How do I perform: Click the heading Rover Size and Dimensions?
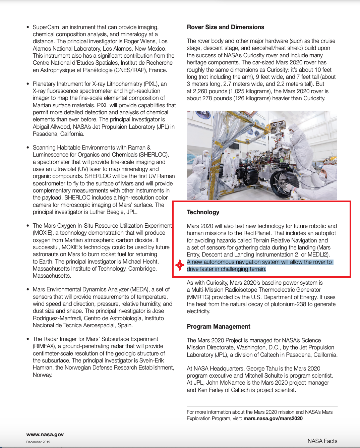click(225, 27)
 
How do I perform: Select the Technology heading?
click(203, 212)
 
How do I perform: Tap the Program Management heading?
click(219, 327)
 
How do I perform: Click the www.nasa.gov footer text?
click(45, 435)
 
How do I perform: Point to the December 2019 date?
click(38, 442)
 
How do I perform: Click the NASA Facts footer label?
click(322, 441)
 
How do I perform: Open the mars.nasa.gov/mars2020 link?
click(273, 418)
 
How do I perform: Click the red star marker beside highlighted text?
click(180, 265)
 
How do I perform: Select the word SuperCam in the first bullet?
click(45, 27)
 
